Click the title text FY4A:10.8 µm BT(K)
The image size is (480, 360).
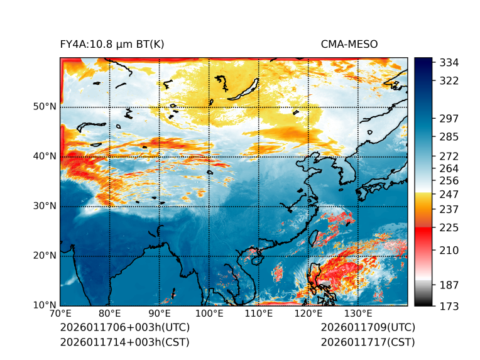(x=112, y=44)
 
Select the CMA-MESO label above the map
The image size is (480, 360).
(x=349, y=44)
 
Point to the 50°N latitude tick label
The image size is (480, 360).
(x=45, y=107)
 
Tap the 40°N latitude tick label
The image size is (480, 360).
(x=45, y=156)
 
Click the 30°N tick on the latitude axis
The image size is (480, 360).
(x=45, y=206)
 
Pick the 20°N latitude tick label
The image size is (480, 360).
(x=45, y=255)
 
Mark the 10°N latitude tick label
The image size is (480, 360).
(x=45, y=305)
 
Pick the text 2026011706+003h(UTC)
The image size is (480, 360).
(x=124, y=328)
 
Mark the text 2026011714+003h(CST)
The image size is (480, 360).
(x=124, y=342)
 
